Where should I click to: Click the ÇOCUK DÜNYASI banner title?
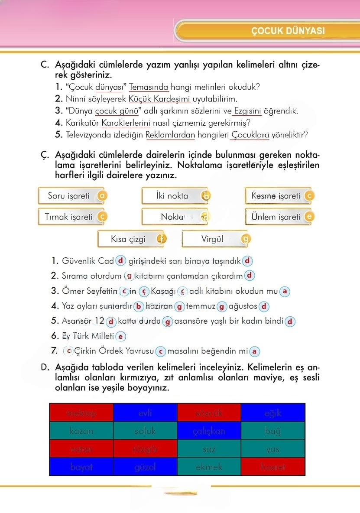[287, 31]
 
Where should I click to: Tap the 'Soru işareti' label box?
[69, 196]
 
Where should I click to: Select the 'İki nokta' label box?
[172, 196]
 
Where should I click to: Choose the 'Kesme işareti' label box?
[276, 196]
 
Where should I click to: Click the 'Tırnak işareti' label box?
[69, 217]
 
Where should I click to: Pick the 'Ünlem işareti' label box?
[276, 217]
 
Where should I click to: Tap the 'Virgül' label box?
[212, 239]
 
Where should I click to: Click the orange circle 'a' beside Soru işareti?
[102, 196]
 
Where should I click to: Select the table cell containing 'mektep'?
[81, 413]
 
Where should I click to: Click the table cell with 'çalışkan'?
[209, 431]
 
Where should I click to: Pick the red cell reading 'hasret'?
[273, 467]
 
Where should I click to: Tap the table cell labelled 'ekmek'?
[209, 467]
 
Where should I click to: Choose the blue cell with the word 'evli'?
[145, 413]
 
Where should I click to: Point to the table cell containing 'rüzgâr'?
[145, 449]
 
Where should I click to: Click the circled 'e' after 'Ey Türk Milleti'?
[121, 336]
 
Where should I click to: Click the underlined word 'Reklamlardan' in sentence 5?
[170, 135]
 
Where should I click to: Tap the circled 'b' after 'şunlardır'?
[139, 306]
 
